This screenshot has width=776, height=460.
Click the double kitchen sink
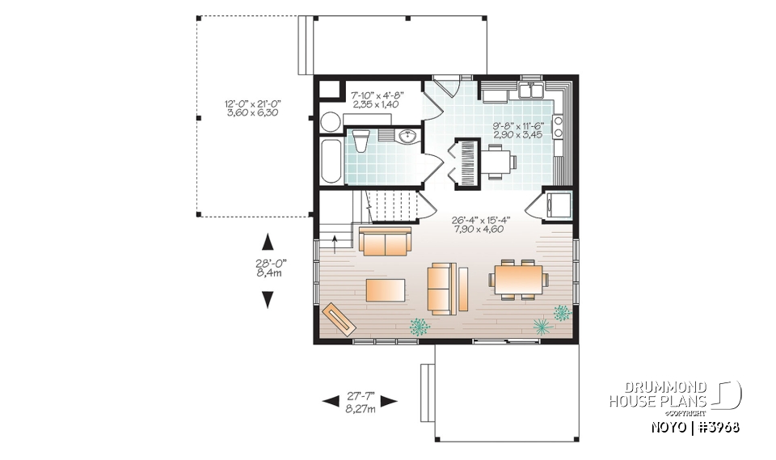pyautogui.click(x=531, y=91)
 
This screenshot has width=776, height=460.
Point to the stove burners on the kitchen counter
pyautogui.click(x=558, y=127)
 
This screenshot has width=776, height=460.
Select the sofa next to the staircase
pyautogui.click(x=386, y=241)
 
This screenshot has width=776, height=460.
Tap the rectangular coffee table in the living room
pyautogui.click(x=385, y=289)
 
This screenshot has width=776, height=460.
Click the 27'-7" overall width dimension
pyautogui.click(x=359, y=401)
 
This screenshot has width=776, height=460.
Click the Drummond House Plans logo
pyautogui.click(x=674, y=395)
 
